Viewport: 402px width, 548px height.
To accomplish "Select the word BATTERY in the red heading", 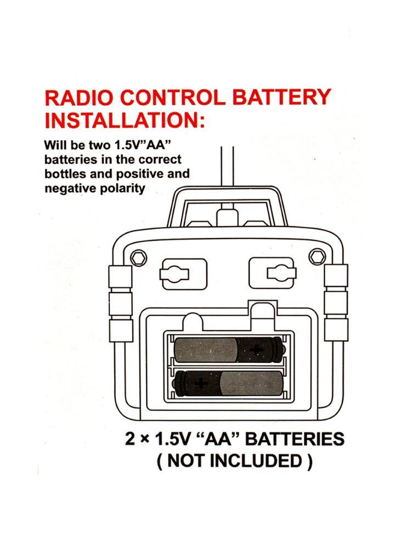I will pyautogui.click(x=283, y=99).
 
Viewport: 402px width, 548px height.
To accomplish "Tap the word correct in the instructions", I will pyautogui.click(x=160, y=160).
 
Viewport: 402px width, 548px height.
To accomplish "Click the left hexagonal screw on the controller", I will pyautogui.click(x=138, y=256).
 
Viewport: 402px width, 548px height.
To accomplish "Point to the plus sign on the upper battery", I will pyautogui.click(x=256, y=349).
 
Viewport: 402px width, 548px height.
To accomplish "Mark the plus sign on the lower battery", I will pyautogui.click(x=201, y=382).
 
